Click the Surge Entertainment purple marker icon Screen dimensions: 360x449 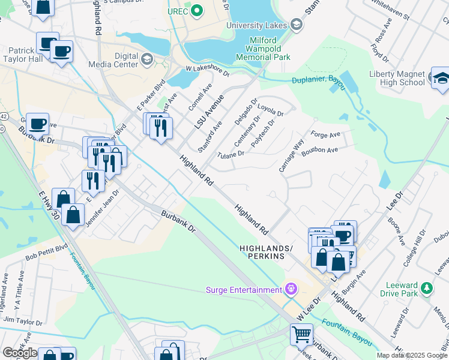coord(291,290)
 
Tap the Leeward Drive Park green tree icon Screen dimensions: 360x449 coord(427,288)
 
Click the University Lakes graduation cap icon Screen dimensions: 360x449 coord(296,25)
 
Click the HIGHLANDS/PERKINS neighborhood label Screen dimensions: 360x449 coord(266,251)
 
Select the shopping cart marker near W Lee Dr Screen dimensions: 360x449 coord(301,334)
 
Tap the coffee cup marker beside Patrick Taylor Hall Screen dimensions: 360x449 coord(61,52)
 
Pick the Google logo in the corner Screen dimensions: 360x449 coord(19,353)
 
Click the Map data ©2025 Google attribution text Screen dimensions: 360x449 coord(412,355)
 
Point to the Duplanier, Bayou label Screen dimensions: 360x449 coord(319,82)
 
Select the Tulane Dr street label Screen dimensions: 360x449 coord(231,154)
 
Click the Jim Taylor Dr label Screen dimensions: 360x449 coord(23,322)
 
